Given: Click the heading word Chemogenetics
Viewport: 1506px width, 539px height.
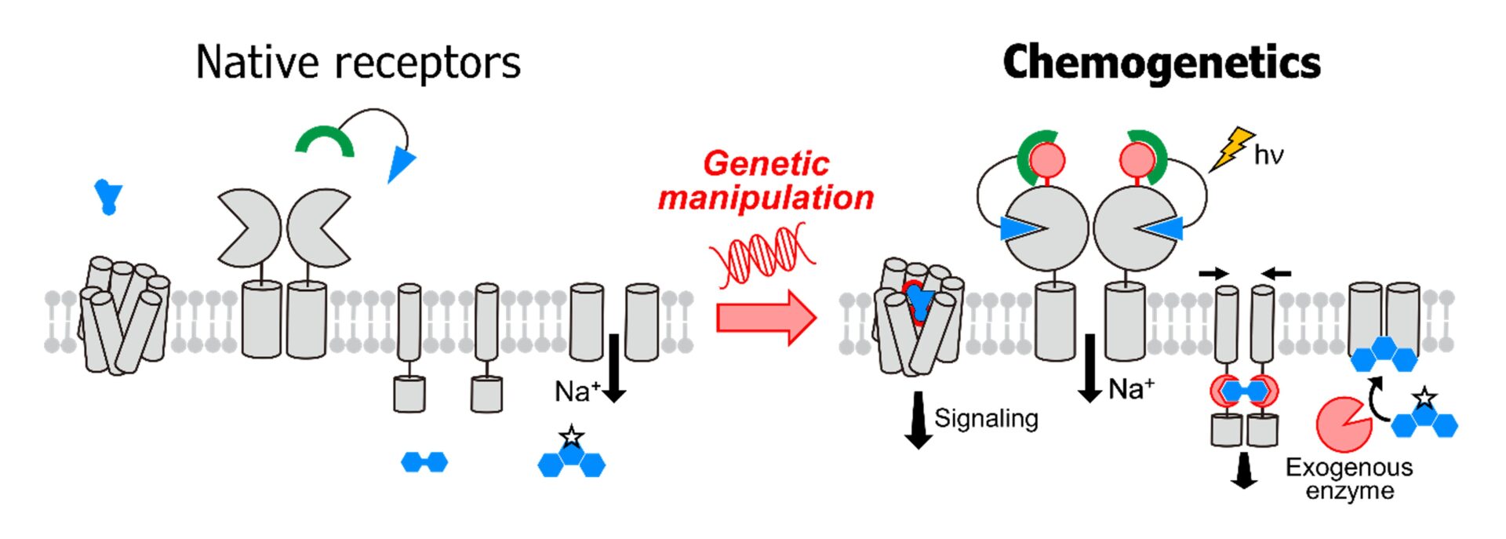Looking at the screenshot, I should (x=1161, y=63).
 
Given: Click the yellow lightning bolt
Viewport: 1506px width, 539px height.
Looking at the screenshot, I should (x=1231, y=148).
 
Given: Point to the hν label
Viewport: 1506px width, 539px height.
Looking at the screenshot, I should (x=1268, y=155).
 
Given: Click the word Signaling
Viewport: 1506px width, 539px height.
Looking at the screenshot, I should (x=986, y=418).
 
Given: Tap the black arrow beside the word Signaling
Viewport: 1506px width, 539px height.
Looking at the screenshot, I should (x=918, y=420).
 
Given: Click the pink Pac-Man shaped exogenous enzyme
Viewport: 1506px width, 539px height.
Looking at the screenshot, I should (x=1343, y=424).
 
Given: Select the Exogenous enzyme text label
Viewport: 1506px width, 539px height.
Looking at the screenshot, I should (x=1349, y=479).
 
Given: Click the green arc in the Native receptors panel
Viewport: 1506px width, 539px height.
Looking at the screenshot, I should (x=325, y=140).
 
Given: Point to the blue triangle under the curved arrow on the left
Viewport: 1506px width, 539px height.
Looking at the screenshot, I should (x=401, y=163).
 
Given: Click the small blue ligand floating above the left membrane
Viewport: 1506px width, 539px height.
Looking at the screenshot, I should (x=108, y=195).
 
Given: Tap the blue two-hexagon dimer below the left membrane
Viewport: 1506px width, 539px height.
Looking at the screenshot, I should (x=424, y=462).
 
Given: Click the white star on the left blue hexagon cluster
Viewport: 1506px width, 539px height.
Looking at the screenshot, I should (x=571, y=436).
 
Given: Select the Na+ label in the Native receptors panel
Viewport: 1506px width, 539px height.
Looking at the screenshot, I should (x=577, y=391).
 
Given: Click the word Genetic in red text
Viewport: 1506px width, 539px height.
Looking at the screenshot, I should (x=766, y=164).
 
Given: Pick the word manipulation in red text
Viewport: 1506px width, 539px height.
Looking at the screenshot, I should (x=766, y=198).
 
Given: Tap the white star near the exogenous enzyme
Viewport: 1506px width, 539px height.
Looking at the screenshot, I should (x=1424, y=398).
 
